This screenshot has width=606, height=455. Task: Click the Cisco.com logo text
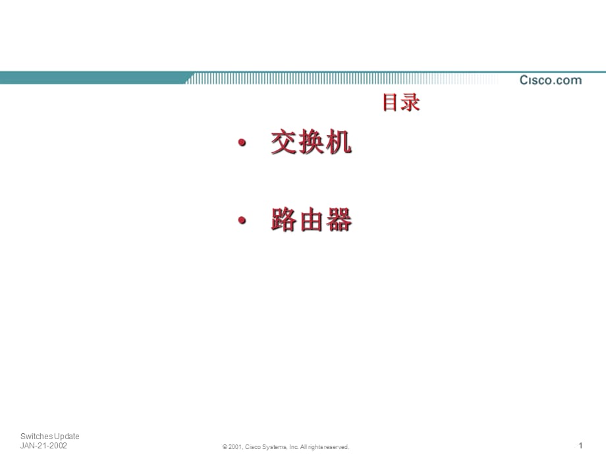click(x=551, y=80)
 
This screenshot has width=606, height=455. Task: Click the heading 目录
click(x=401, y=103)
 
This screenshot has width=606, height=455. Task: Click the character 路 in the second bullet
click(x=284, y=220)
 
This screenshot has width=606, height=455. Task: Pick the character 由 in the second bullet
click(x=312, y=220)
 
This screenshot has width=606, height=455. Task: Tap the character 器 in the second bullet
click(x=339, y=220)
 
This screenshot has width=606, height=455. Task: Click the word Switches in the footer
click(x=36, y=437)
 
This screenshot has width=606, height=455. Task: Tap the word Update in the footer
click(x=67, y=437)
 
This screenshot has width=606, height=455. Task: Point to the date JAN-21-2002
click(x=44, y=446)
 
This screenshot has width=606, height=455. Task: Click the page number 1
click(x=580, y=445)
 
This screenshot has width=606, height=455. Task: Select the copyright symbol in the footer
click(x=225, y=447)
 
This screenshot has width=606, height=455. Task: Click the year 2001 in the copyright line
click(x=235, y=447)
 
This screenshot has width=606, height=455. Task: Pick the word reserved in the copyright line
click(x=335, y=447)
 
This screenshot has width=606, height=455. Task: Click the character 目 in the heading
click(x=392, y=103)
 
